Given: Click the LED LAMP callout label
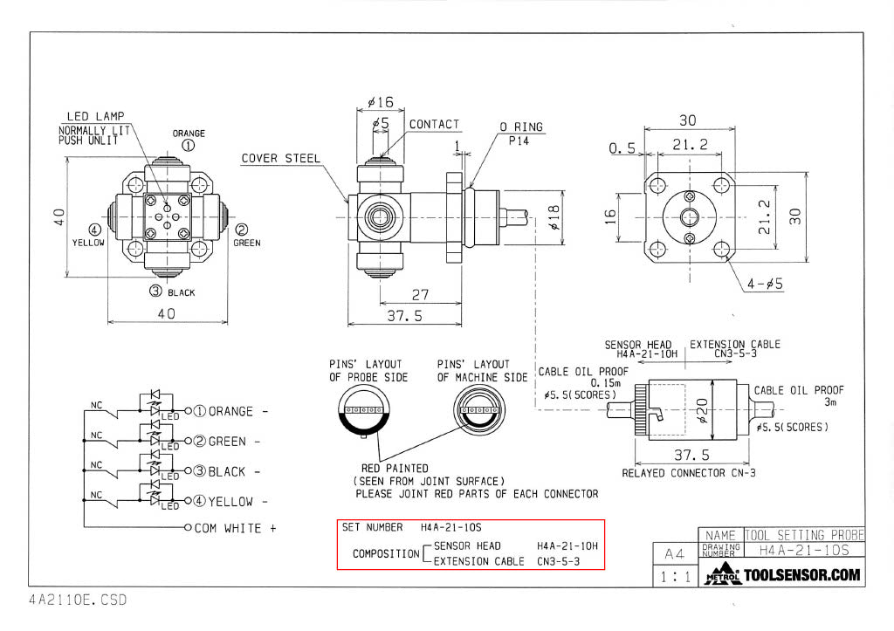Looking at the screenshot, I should [95, 116].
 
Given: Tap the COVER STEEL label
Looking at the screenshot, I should [280, 158].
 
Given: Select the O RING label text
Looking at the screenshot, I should [520, 127].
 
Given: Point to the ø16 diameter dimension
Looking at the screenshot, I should [381, 102].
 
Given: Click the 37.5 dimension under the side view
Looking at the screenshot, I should [404, 315].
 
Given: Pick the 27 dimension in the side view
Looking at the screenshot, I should [422, 295].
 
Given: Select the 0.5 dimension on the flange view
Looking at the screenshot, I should [623, 149].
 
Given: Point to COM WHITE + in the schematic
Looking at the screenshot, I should [234, 528].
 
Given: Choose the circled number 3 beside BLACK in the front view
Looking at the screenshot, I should [155, 291].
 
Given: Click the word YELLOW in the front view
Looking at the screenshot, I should [87, 243].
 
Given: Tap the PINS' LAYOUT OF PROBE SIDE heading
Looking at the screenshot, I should [365, 370].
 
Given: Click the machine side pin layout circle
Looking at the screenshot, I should [476, 410].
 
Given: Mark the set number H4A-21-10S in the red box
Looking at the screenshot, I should [450, 527].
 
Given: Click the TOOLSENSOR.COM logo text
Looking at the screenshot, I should [801, 575].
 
